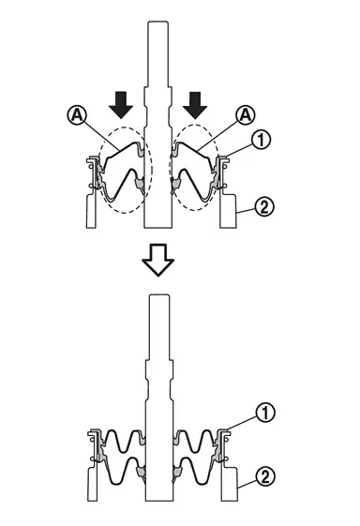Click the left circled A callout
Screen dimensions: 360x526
(x=77, y=115)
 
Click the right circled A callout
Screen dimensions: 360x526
(x=246, y=115)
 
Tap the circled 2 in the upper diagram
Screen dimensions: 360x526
(x=264, y=206)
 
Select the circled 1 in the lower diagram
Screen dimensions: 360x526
(x=265, y=413)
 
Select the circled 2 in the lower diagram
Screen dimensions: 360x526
(x=265, y=476)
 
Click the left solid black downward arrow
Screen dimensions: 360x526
(x=121, y=104)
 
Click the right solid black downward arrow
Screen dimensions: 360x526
(x=195, y=105)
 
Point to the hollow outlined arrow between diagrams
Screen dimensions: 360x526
(x=158, y=260)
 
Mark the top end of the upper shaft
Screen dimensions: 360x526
(x=158, y=22)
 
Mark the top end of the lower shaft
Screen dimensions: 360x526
(x=159, y=294)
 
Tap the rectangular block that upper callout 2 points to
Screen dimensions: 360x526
(x=228, y=211)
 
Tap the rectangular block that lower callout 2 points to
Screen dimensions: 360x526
(x=230, y=484)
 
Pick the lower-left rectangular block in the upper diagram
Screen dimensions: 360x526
(x=92, y=211)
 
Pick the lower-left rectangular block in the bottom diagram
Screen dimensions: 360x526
(x=93, y=485)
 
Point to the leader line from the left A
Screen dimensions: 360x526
(x=101, y=136)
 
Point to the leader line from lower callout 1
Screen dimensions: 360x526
(x=242, y=423)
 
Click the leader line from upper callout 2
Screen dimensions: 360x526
(x=246, y=210)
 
